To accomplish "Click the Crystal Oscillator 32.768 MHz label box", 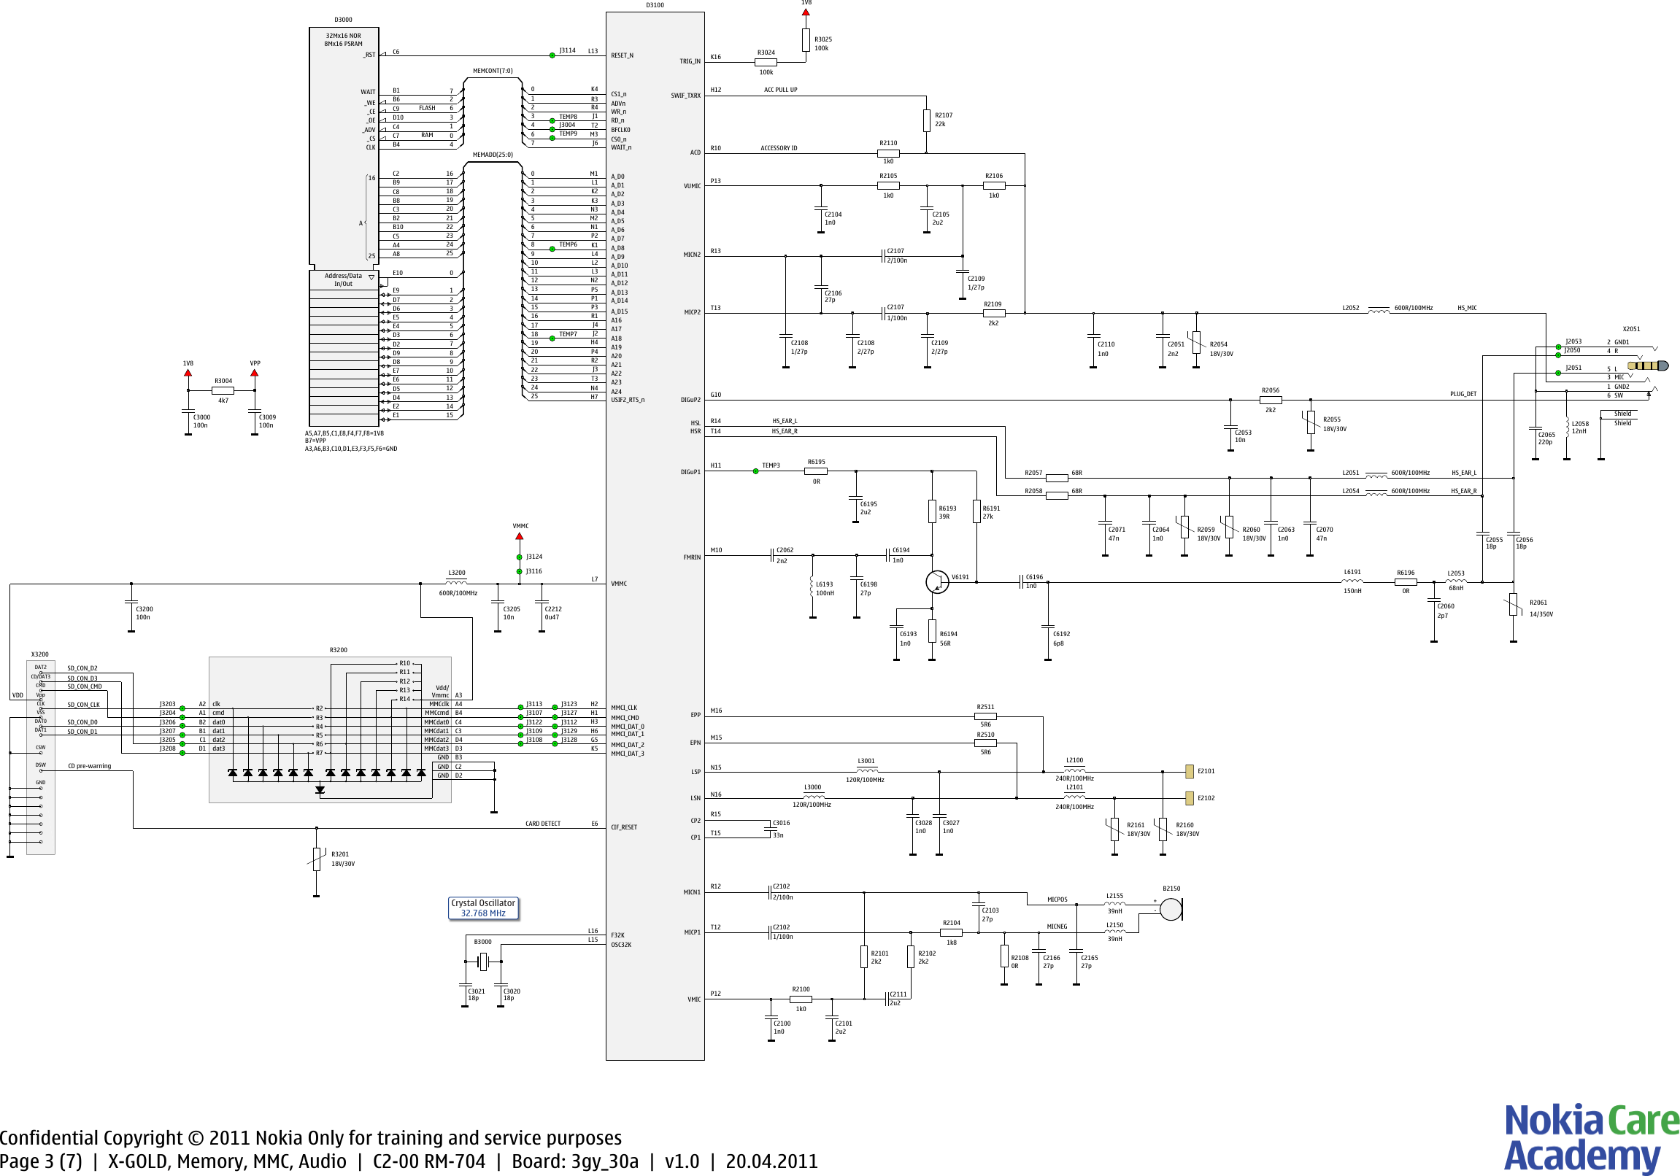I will point(483,908).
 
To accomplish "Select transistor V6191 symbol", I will point(936,582).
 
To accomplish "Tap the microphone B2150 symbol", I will point(1171,909).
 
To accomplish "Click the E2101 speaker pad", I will point(1190,771).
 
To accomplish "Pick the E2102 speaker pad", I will point(1190,798).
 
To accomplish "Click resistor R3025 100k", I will point(806,40).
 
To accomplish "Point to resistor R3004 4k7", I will point(223,390).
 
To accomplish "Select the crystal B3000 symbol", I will point(483,962).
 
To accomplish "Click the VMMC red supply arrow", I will point(520,536).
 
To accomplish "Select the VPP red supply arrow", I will point(255,373).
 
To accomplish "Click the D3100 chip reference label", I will point(655,5).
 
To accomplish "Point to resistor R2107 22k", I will point(926,119).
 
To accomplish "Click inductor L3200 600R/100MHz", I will point(457,583).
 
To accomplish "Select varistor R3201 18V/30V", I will point(317,859).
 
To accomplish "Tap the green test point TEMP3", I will point(756,472).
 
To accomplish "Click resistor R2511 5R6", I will point(986,716).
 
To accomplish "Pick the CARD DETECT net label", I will point(542,824).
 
